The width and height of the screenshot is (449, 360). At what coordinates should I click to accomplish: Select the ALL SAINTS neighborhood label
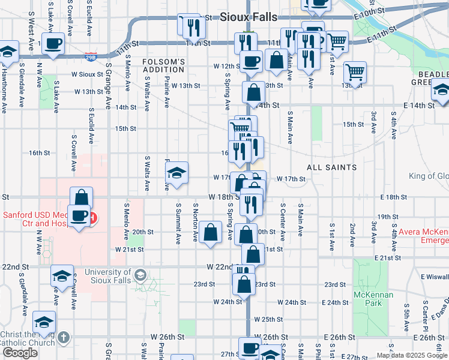coord(332,167)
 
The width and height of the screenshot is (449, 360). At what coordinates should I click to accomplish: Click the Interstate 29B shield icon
coord(91,56)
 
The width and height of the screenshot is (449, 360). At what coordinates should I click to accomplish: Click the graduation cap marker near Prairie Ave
coord(177,174)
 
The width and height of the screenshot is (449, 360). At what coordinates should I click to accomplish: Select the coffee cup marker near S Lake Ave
coord(54,44)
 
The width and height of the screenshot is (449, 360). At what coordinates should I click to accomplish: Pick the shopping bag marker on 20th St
coord(211,232)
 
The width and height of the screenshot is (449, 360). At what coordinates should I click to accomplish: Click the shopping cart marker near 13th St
coord(355,73)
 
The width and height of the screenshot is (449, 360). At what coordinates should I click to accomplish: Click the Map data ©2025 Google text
coord(412,355)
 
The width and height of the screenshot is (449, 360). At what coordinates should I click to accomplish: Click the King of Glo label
coord(429,176)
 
